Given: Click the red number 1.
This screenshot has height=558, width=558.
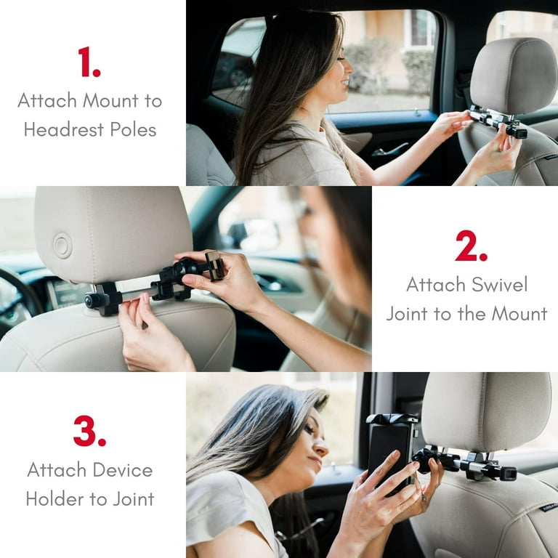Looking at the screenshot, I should tap(89, 62).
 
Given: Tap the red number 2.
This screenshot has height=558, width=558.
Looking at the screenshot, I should tap(471, 247).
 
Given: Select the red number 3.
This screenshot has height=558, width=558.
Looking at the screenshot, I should tap(89, 432).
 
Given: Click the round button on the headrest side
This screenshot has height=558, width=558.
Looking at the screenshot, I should tap(62, 246).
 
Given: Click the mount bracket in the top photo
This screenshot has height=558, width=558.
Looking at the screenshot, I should tap(497, 121).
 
